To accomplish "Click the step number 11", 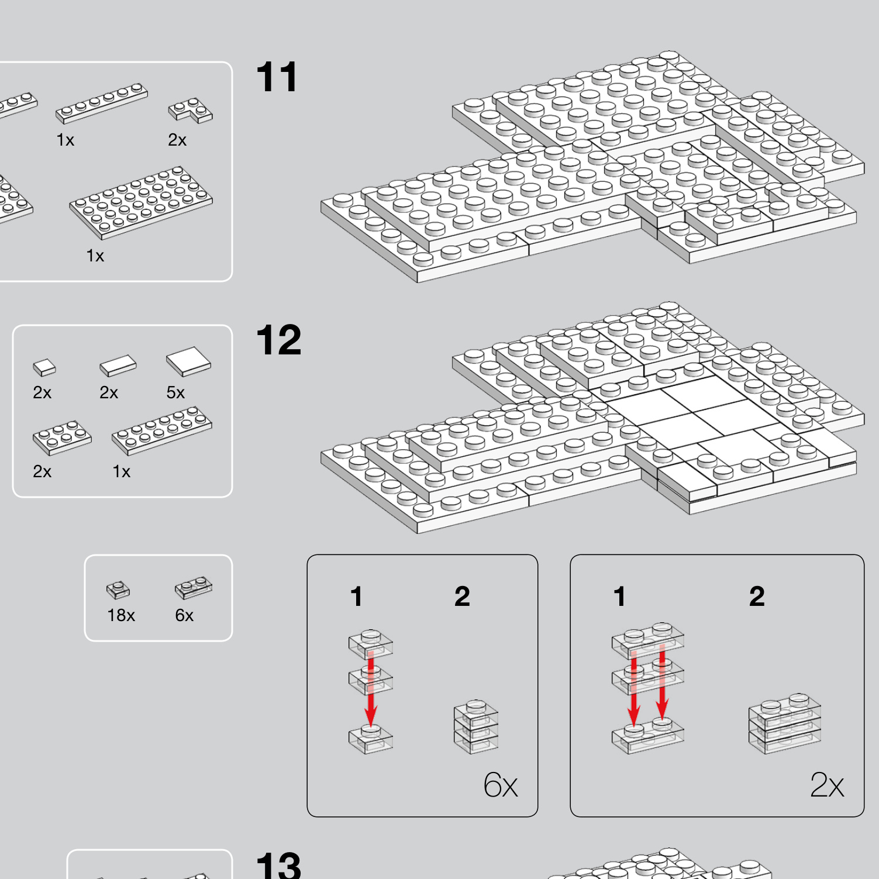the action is click(277, 77).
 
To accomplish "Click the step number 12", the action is click(279, 340).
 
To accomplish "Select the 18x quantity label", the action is click(121, 615).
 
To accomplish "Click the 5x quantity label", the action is click(175, 392).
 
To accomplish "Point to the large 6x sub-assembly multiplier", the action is click(501, 785).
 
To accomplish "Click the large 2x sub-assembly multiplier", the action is click(827, 785).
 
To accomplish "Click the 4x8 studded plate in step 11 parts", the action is click(141, 202).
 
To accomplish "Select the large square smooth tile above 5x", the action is click(188, 361).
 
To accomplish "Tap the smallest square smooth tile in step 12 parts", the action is click(44, 367).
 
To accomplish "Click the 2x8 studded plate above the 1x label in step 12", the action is click(162, 430).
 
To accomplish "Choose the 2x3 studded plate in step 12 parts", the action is click(62, 437).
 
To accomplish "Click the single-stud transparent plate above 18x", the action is click(118, 590).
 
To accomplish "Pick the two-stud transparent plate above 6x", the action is click(194, 588).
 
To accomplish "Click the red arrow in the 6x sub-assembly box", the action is click(370, 692).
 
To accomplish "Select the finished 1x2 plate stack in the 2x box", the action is click(785, 723).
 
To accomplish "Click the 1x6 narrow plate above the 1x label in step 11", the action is click(102, 103).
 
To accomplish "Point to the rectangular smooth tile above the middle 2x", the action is click(118, 366).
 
